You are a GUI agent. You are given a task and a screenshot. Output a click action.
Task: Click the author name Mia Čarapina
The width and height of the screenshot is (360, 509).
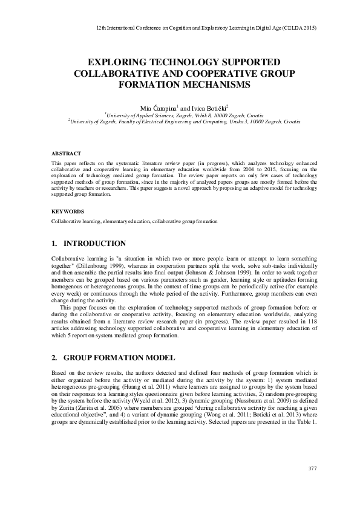coord(158,106)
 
